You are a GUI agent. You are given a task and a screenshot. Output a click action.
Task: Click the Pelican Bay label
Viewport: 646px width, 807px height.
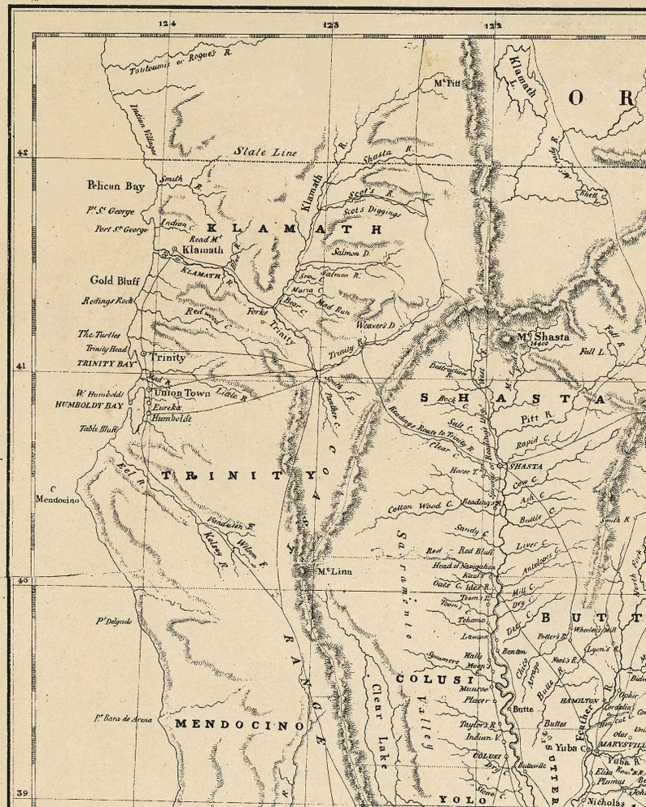pyautogui.click(x=116, y=186)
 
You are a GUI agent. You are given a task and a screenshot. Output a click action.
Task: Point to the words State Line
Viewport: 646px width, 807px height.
pyautogui.click(x=265, y=152)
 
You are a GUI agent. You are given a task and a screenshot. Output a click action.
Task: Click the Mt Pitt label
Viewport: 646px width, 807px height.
pyautogui.click(x=447, y=83)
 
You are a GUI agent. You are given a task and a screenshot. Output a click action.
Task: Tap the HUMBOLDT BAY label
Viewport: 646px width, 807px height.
pyautogui.click(x=89, y=404)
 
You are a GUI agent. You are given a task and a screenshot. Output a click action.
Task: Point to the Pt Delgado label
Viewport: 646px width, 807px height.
pyautogui.click(x=113, y=622)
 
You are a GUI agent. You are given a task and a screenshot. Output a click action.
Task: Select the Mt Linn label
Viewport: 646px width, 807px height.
pyautogui.click(x=334, y=571)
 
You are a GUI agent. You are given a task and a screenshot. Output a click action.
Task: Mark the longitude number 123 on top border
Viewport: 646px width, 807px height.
pyautogui.click(x=330, y=25)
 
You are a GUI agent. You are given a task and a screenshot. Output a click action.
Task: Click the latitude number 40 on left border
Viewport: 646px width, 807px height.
pyautogui.click(x=24, y=579)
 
